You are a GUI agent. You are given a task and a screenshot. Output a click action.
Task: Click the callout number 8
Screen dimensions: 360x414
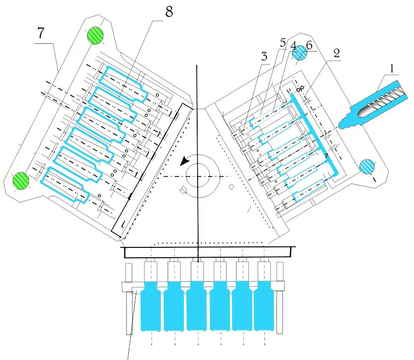coord(169,12)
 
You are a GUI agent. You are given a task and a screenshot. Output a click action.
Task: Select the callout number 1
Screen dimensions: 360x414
coord(392,70)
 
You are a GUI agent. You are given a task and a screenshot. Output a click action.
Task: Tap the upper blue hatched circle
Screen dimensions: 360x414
coord(299,55)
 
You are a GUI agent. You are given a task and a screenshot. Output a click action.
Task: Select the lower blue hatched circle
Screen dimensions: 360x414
coord(367,166)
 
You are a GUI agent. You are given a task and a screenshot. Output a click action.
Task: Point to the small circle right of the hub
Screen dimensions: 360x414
coord(231,186)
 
